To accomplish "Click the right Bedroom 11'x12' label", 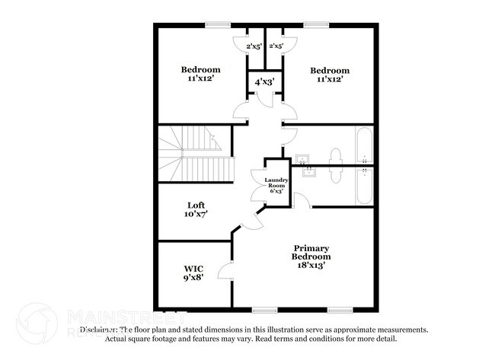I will pos(331,74).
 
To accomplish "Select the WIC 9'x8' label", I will pos(193,273).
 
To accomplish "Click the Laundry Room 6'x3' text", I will pos(276,184).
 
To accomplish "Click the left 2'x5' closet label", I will pos(253,46).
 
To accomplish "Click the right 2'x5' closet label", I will pos(276,46).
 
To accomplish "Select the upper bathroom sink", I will pos(304,159).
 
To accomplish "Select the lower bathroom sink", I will pos(309,171).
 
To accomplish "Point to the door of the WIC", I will pos(225,270).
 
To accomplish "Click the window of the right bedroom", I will pos(316,26).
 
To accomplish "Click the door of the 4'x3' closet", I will pos(263,99).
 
